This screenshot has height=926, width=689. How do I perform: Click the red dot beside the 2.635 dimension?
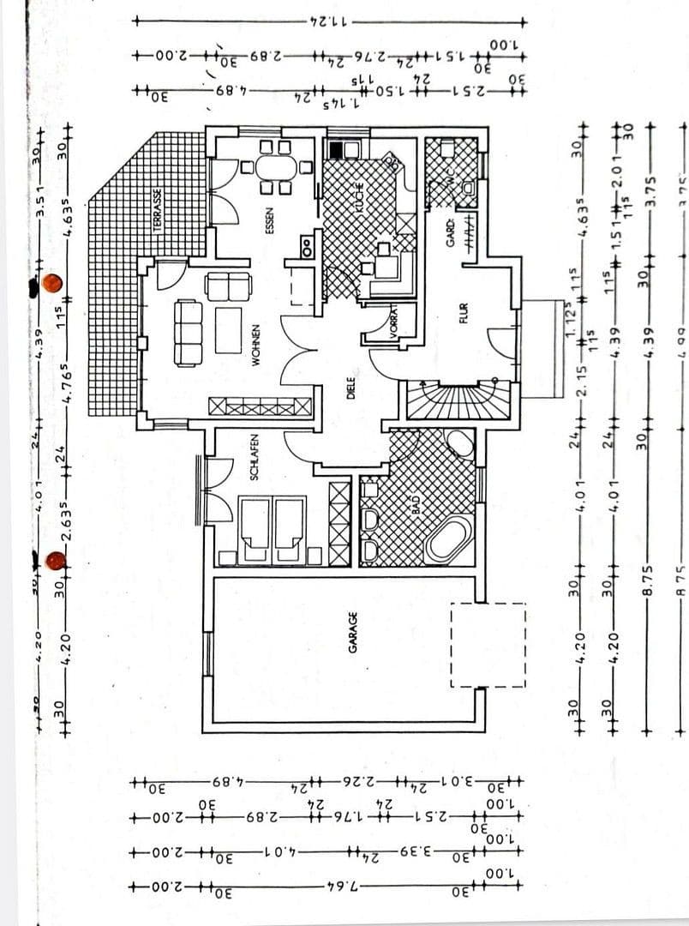[56, 561]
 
